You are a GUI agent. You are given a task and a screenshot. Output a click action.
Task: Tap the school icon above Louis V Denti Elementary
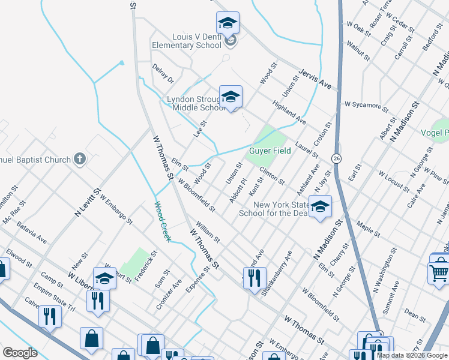pos(228,24)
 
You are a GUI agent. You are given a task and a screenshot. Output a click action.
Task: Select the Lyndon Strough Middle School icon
pos(231,97)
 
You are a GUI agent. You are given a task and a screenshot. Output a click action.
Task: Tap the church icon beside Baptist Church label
pos(80,160)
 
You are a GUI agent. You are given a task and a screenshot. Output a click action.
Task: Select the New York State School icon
pos(320,207)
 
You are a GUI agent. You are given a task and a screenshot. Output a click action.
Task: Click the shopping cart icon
pos(439,272)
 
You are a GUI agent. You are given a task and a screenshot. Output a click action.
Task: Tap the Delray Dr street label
pos(163,74)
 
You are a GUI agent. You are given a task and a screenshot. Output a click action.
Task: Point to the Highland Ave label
pos(289,112)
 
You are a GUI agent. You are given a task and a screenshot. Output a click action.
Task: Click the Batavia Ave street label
pos(32,234)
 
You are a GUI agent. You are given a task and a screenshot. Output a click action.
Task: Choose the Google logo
pos(19,353)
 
